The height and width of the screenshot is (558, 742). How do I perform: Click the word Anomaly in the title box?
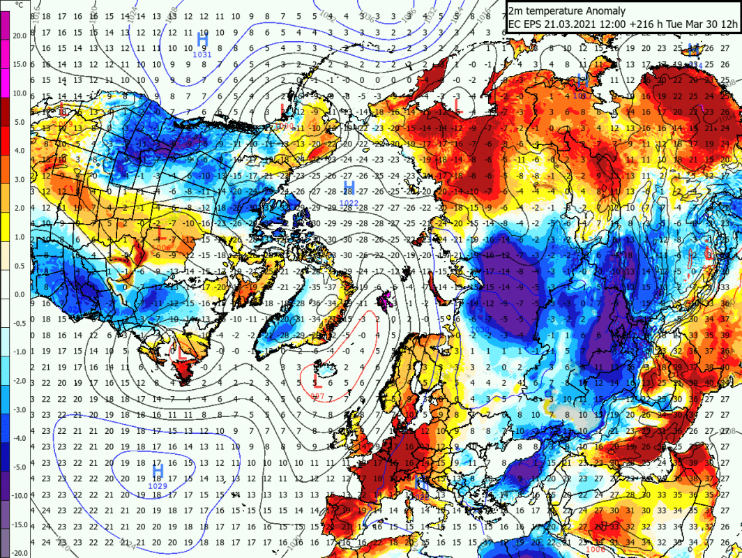pyautogui.click(x=601, y=10)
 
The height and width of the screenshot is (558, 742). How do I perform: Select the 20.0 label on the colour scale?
pyautogui.click(x=19, y=36)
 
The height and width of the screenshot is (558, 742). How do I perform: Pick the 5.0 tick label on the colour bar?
pyautogui.click(x=19, y=122)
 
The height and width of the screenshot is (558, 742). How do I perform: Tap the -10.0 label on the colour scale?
pyautogui.click(x=19, y=495)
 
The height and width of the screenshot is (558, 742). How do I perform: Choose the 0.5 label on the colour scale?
pyautogui.click(x=19, y=265)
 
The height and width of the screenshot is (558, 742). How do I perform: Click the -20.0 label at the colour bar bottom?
pyautogui.click(x=19, y=552)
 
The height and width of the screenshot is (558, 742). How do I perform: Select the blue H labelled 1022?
pyautogui.click(x=350, y=188)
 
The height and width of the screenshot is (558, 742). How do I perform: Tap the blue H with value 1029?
pyautogui.click(x=158, y=472)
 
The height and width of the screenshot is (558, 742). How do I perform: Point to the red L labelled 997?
pyautogui.click(x=317, y=379)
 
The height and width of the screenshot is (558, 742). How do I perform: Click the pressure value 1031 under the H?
pyautogui.click(x=202, y=54)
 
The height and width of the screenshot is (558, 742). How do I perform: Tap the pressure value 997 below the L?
pyautogui.click(x=318, y=396)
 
